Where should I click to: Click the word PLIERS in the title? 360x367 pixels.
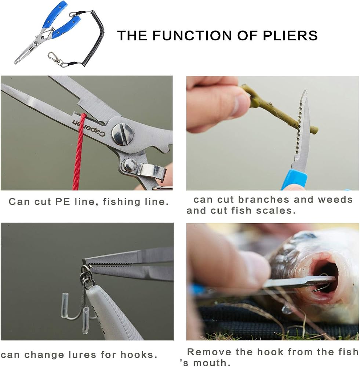coord(290,35)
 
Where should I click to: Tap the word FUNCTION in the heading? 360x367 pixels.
coord(192,35)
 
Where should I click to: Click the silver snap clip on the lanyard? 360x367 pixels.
coord(55,59)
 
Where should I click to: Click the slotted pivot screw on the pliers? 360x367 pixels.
coord(123,134)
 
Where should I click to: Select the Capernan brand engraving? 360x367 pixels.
coord(89,128)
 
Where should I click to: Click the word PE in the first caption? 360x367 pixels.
coord(63,202)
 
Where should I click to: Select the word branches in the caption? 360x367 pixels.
coord(264,200)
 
